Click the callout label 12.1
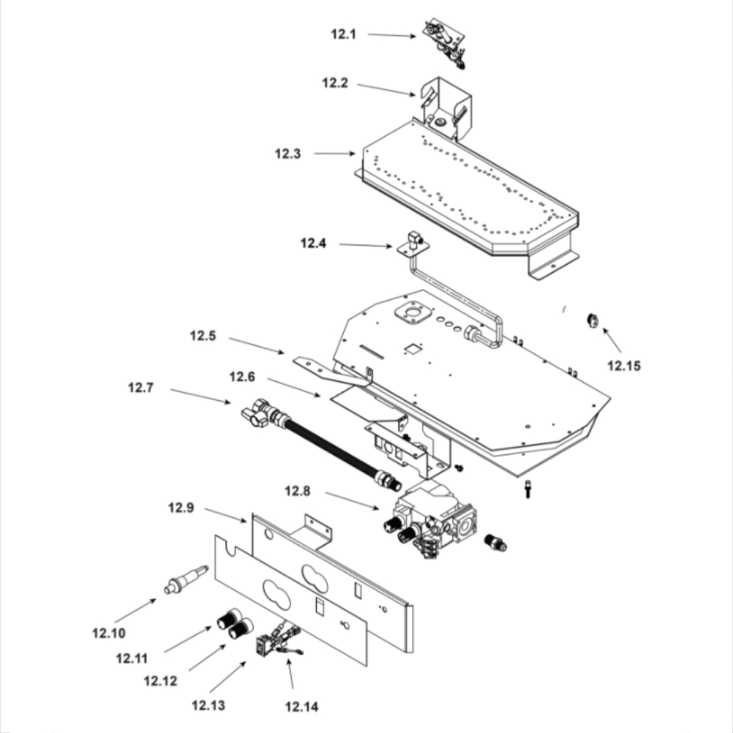[x=343, y=34]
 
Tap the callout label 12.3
[x=287, y=154]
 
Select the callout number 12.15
[x=624, y=366]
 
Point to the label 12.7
[x=141, y=388]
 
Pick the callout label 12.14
[x=301, y=707]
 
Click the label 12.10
[x=109, y=633]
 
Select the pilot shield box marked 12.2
[x=446, y=108]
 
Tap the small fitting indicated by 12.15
[x=592, y=321]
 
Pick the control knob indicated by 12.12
[x=240, y=629]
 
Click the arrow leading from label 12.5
[x=256, y=345]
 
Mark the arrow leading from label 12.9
[x=225, y=515]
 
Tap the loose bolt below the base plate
[x=528, y=489]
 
